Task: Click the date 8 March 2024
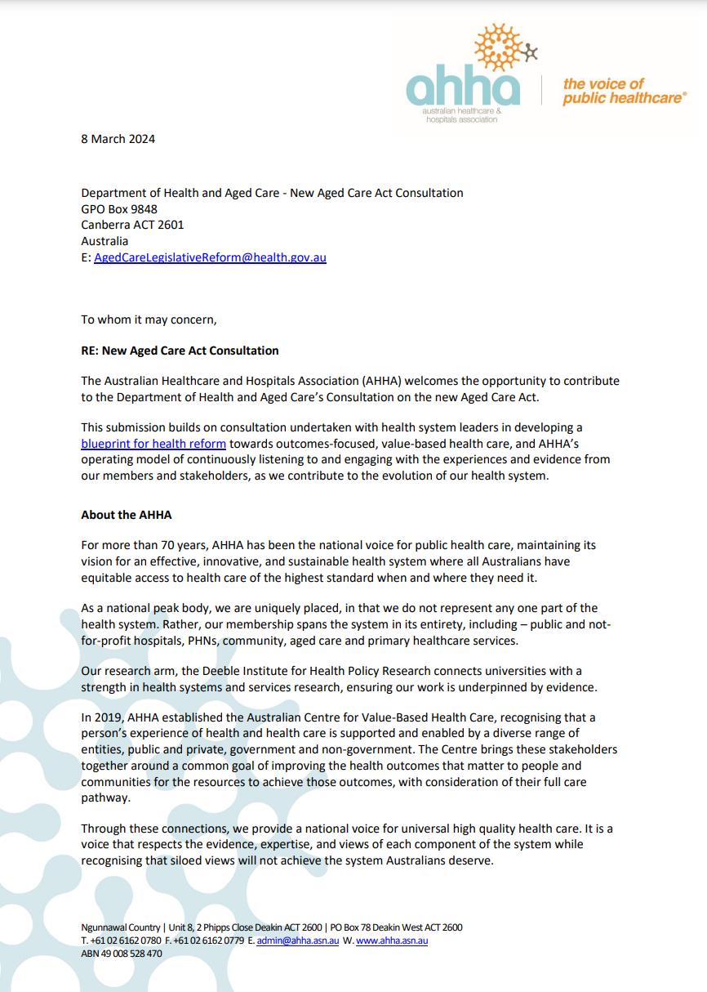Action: (118, 139)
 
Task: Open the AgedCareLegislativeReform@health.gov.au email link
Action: (210, 257)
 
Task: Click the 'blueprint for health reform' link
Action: (153, 444)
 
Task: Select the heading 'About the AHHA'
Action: (127, 515)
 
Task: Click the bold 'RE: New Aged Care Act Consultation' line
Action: (180, 351)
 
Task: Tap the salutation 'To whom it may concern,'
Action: (149, 319)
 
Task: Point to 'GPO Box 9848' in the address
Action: (119, 209)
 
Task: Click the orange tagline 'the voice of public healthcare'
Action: (623, 91)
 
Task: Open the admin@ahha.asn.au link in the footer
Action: (298, 941)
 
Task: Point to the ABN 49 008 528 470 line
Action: (122, 954)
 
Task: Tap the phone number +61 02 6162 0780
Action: (126, 941)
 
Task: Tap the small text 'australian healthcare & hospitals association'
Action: (460, 114)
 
